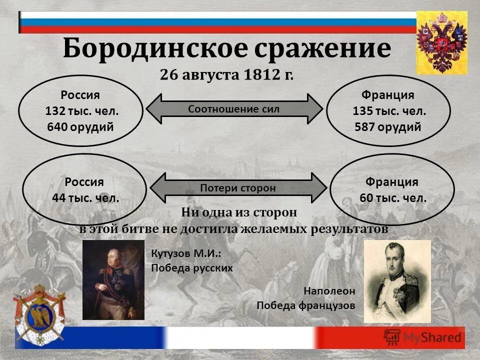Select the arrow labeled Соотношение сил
click(233, 108)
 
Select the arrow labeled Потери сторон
click(238, 188)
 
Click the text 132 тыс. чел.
click(81, 111)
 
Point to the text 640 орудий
click(80, 126)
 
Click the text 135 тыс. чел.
click(389, 111)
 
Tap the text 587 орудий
click(388, 126)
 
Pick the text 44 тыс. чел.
click(85, 197)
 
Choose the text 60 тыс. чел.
click(393, 197)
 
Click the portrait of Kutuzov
click(113, 280)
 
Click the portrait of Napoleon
click(397, 281)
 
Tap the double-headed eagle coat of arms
click(441, 42)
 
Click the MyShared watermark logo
click(422, 337)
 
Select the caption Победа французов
click(305, 305)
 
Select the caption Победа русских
click(192, 267)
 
